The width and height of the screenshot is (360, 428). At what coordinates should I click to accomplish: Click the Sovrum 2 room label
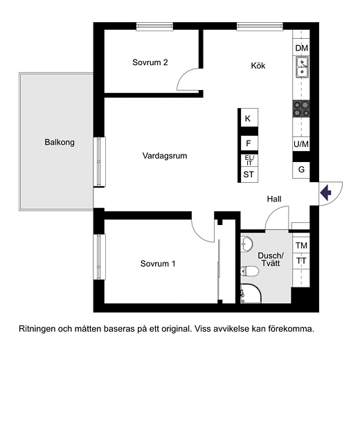tap(150, 62)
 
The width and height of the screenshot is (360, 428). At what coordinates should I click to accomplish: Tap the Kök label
tap(258, 66)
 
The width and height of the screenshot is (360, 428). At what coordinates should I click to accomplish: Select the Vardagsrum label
tap(165, 156)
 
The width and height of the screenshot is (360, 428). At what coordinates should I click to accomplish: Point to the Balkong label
tap(60, 143)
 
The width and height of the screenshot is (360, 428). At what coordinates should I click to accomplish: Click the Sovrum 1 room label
tap(158, 263)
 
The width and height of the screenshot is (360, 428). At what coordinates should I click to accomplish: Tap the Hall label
tap(275, 199)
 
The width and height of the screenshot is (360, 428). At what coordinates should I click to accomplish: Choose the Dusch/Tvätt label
tap(270, 259)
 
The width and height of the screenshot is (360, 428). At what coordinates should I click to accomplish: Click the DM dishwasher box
tap(301, 48)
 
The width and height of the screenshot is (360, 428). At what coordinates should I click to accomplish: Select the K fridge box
tap(248, 118)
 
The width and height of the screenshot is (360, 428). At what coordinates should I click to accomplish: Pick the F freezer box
tap(248, 143)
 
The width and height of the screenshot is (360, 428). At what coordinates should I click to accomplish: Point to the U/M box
tap(301, 144)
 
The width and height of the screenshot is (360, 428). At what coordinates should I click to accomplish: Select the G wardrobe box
tap(301, 170)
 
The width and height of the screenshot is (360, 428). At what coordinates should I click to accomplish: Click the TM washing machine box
tap(301, 246)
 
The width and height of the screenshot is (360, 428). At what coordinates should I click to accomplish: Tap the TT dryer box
tap(301, 261)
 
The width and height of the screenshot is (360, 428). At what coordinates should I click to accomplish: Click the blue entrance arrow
tap(327, 192)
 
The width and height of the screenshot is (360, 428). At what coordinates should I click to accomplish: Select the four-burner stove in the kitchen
tap(301, 107)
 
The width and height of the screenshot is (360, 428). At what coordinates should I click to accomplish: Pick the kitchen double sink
tap(302, 67)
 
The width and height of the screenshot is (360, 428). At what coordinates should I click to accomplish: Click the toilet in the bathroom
tap(249, 271)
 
